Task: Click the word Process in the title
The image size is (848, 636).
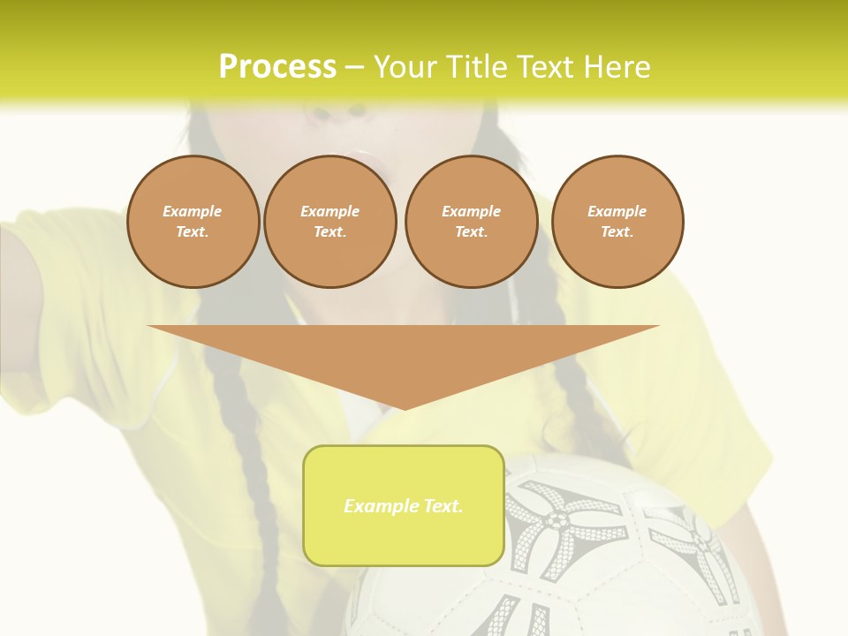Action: pyautogui.click(x=277, y=66)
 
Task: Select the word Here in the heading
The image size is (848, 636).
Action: pyautogui.click(x=616, y=66)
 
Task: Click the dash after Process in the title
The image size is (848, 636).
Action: pyautogui.click(x=354, y=67)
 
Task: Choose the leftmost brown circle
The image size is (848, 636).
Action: pyautogui.click(x=193, y=222)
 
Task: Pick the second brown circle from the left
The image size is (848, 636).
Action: pyautogui.click(x=329, y=222)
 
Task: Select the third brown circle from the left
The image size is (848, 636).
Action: pyautogui.click(x=471, y=222)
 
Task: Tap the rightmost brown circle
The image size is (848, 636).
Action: pyautogui.click(x=617, y=222)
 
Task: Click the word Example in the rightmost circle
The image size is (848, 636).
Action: pyautogui.click(x=617, y=211)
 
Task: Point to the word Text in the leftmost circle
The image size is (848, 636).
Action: pyautogui.click(x=192, y=232)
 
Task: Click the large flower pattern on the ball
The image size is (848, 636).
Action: pyautogui.click(x=555, y=521)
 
